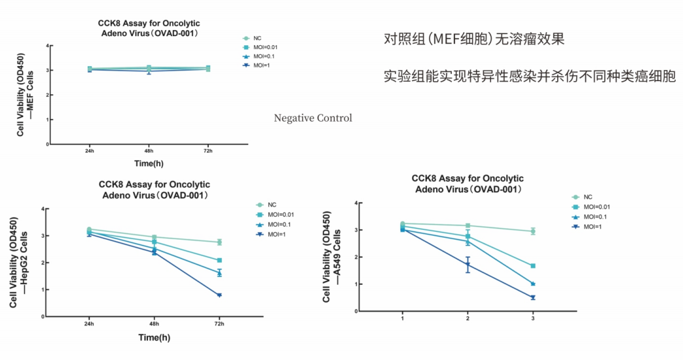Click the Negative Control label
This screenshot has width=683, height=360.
(x=312, y=118)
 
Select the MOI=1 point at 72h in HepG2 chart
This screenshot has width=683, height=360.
(x=219, y=295)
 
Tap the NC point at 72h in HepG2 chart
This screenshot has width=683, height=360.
(x=219, y=242)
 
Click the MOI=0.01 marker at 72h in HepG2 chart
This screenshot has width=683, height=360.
(x=219, y=261)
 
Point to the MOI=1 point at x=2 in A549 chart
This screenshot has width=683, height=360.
(x=468, y=264)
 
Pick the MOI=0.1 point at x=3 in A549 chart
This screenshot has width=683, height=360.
(x=533, y=284)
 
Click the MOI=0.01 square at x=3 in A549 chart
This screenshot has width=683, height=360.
(x=533, y=266)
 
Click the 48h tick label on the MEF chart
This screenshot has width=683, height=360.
(x=149, y=151)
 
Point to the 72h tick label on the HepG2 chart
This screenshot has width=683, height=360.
(x=219, y=324)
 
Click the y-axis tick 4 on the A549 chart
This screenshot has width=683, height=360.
(x=355, y=204)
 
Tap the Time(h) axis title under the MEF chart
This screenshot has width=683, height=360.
(x=148, y=163)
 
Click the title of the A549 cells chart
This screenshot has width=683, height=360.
(x=468, y=184)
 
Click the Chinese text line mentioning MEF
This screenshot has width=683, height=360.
(x=474, y=39)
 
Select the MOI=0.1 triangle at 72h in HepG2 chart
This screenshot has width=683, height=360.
(x=219, y=273)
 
